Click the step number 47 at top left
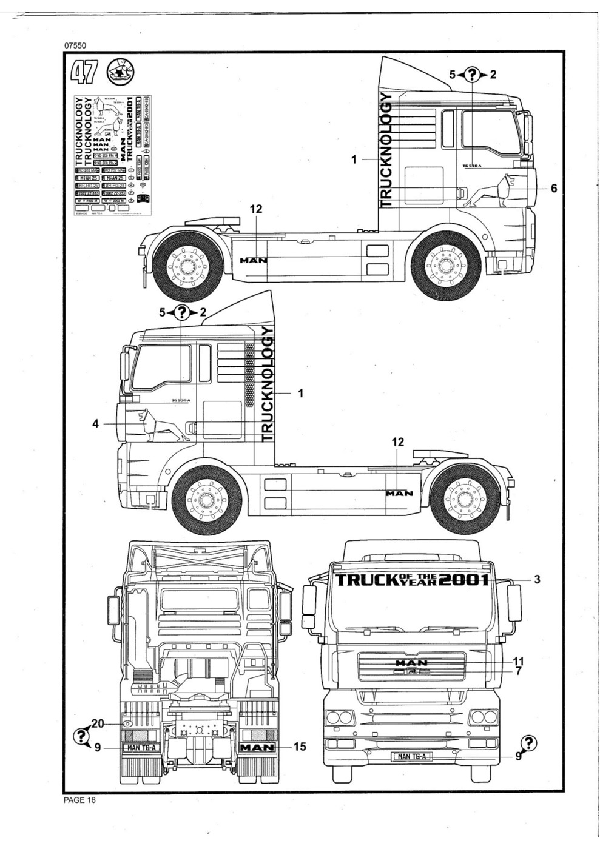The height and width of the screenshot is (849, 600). (84, 72)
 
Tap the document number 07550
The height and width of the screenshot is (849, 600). (75, 45)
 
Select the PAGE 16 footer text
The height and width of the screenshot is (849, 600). (79, 800)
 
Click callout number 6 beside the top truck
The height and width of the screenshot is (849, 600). (553, 189)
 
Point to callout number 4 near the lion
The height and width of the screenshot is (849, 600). (95, 423)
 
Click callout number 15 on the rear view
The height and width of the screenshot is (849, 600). (300, 747)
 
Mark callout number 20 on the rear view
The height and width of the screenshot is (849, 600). (98, 723)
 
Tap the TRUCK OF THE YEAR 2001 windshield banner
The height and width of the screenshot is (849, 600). (413, 580)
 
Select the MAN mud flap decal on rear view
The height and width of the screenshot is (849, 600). (258, 747)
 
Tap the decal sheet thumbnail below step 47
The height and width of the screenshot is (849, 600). (112, 155)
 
